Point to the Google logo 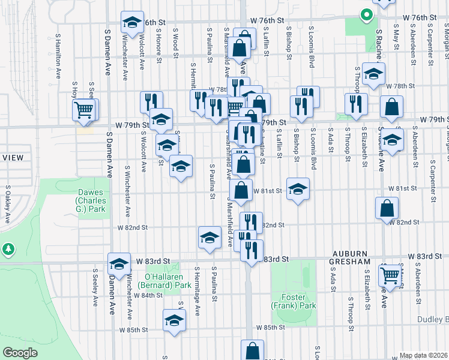point(20,352)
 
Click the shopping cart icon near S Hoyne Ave point(85,110)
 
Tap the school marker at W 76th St point(132,23)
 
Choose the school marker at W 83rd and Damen point(119,263)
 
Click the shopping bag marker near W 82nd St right point(387,208)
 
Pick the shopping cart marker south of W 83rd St point(390,275)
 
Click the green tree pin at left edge point(7,248)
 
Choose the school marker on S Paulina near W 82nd point(209,237)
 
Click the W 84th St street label point(149,295)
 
